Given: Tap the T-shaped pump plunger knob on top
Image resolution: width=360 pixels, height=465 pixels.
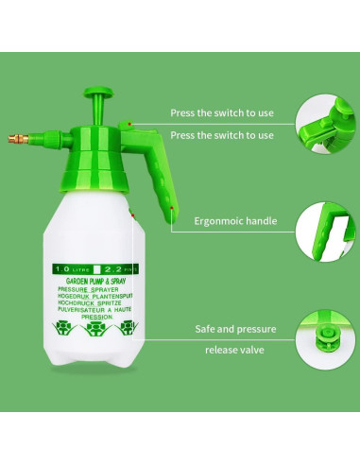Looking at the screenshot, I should tap(98, 95).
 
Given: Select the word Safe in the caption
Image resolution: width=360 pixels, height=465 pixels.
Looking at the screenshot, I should tap(206, 328).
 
